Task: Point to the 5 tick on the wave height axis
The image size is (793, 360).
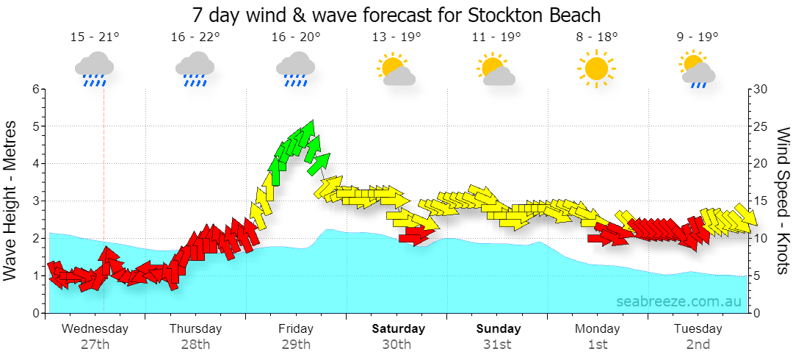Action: coord(36,126)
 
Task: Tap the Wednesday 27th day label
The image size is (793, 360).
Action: coord(95,336)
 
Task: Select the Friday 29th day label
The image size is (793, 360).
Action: coord(296,336)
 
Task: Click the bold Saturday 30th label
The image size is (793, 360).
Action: coord(398,336)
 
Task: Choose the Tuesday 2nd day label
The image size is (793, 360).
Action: coord(698,336)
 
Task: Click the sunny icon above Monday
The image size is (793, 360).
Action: coord(596,68)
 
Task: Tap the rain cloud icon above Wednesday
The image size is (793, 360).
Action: coord(94,69)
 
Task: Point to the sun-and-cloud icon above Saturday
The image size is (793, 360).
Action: coord(396,69)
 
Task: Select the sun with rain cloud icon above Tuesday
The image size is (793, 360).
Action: coord(698,69)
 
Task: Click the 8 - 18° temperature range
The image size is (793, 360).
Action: coord(597,37)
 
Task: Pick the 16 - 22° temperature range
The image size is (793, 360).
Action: coord(195,37)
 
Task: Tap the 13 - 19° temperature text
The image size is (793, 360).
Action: coord(396,37)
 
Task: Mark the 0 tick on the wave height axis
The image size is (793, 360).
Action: coord(36,314)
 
